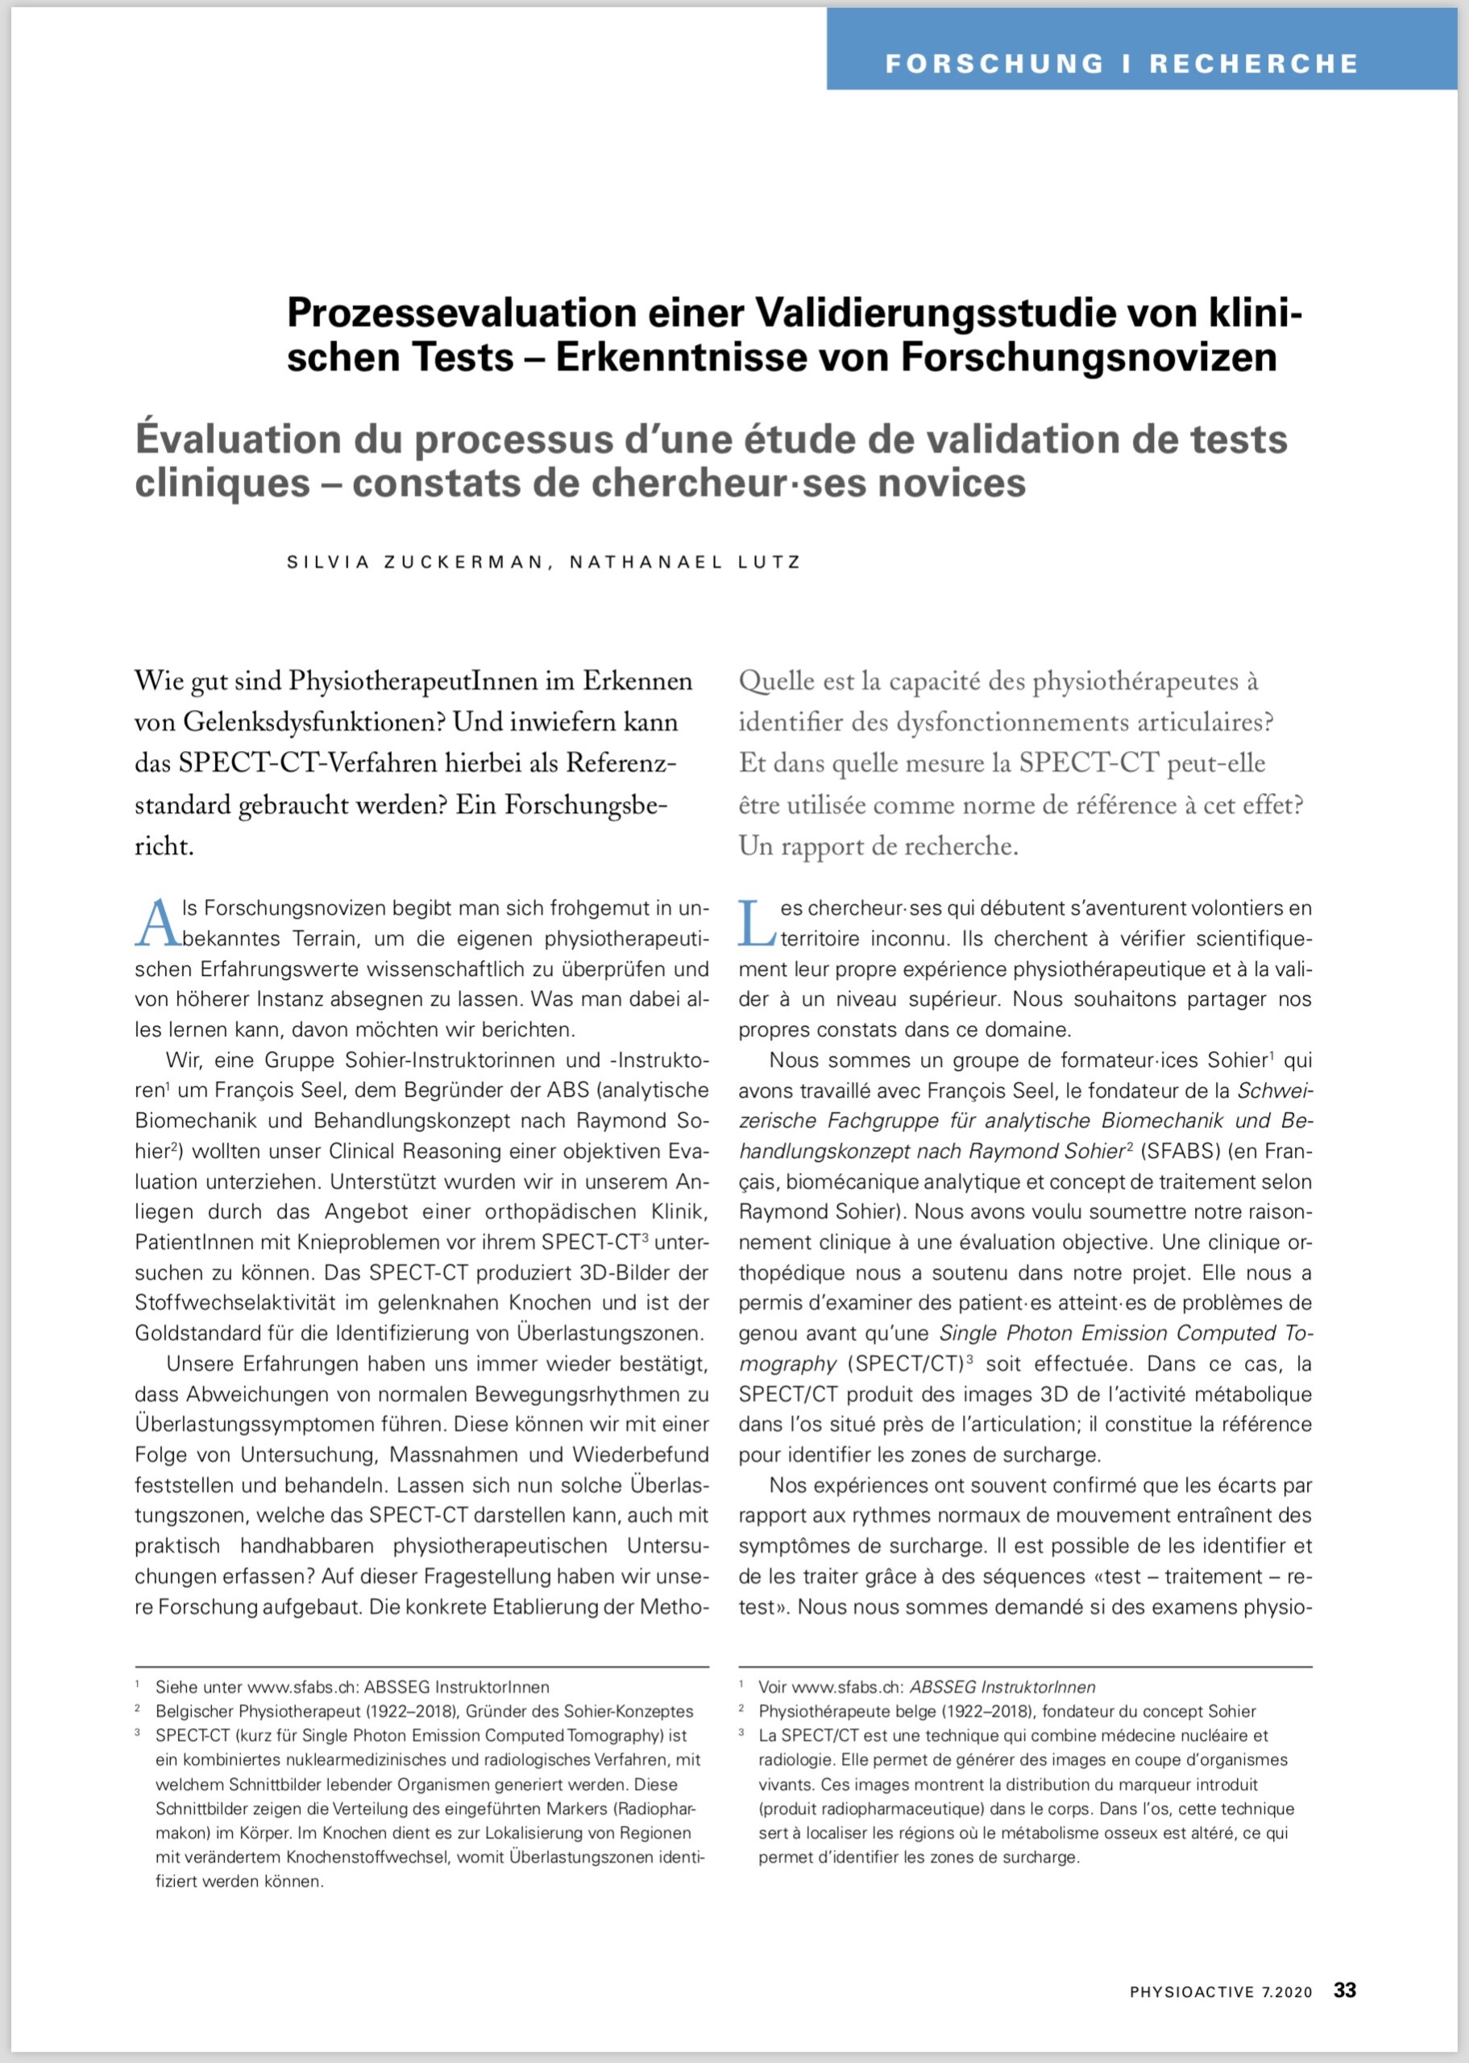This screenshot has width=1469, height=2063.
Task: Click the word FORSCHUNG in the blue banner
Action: pyautogui.click(x=994, y=64)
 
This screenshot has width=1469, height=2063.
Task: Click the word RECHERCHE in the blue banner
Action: pyautogui.click(x=1254, y=64)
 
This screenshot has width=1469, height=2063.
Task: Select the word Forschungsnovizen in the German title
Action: pyautogui.click(x=1088, y=357)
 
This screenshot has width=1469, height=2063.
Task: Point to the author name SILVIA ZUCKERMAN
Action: pyautogui.click(x=414, y=562)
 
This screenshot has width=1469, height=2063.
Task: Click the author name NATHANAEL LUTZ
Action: pyautogui.click(x=685, y=562)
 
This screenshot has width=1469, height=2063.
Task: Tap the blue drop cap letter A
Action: pyautogui.click(x=156, y=924)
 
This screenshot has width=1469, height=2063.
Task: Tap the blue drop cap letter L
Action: pyautogui.click(x=755, y=924)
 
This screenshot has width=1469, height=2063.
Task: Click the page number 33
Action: pyautogui.click(x=1344, y=1990)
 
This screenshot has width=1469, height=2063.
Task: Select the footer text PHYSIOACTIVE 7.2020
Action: pyautogui.click(x=1220, y=1991)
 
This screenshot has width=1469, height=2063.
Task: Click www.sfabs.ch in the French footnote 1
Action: pyautogui.click(x=847, y=1687)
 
